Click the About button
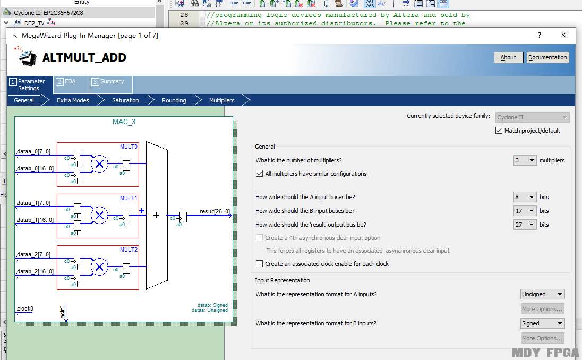[508, 57]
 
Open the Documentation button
[547, 57]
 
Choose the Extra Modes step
[73, 100]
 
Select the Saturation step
[125, 100]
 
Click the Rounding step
[174, 100]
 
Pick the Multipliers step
[221, 100]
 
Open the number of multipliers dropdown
[525, 160]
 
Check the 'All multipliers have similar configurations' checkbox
[260, 173]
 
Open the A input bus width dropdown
[525, 197]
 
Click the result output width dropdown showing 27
[525, 225]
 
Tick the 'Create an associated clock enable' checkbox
[260, 264]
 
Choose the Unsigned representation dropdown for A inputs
[542, 294]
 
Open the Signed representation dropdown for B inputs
[542, 323]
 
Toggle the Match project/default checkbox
[499, 130]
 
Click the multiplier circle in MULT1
[99, 215]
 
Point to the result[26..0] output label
[215, 211]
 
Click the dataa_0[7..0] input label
[33, 151]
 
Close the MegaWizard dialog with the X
[563, 35]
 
